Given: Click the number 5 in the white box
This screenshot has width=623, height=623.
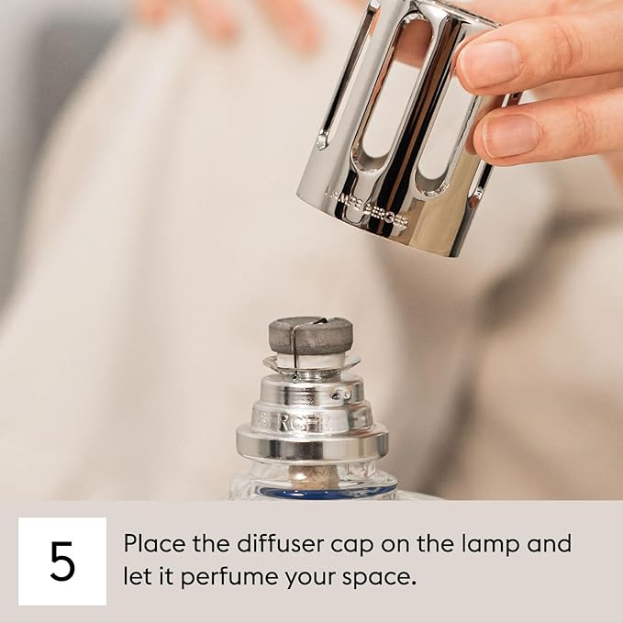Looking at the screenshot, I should point(61,562).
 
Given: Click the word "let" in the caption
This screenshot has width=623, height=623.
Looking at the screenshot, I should point(138,578).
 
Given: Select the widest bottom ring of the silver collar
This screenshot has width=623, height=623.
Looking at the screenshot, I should point(312,445).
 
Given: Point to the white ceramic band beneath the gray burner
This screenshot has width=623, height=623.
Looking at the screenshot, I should point(310,360).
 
